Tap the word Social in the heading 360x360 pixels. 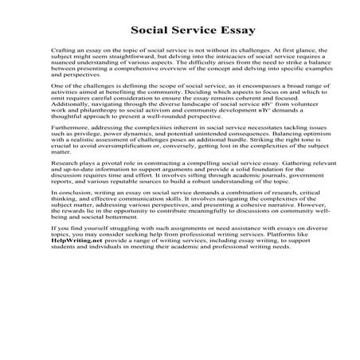[x=151, y=31]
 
